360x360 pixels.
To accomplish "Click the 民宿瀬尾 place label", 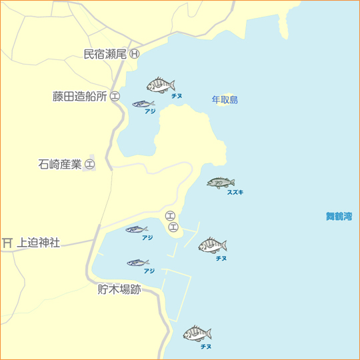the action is (x=105, y=54).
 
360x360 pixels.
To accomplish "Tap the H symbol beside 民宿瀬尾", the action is (x=135, y=54).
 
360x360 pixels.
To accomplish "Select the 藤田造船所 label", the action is (x=80, y=96).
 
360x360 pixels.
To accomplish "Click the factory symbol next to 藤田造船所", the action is (x=115, y=96).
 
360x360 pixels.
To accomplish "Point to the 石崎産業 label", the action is (x=60, y=163).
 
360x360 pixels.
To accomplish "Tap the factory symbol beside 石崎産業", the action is (x=90, y=163).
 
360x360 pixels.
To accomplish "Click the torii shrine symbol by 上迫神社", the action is (x=8, y=243).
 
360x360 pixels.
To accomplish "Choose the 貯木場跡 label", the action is (x=119, y=289).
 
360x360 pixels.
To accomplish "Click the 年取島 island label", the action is (x=225, y=100).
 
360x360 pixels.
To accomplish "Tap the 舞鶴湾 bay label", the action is (x=339, y=216).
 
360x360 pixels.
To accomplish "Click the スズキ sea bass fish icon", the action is (x=220, y=182).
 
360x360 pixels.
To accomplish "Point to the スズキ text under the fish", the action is (x=235, y=192).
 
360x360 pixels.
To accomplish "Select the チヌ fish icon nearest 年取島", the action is (x=161, y=85).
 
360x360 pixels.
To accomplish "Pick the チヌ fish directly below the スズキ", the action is (x=213, y=245).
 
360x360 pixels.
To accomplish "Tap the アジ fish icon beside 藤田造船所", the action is (x=143, y=104).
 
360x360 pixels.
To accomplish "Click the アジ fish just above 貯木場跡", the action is (x=137, y=263).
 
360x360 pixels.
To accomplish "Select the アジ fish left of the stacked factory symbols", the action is (x=137, y=229).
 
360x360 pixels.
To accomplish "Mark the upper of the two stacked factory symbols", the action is (x=170, y=216).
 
